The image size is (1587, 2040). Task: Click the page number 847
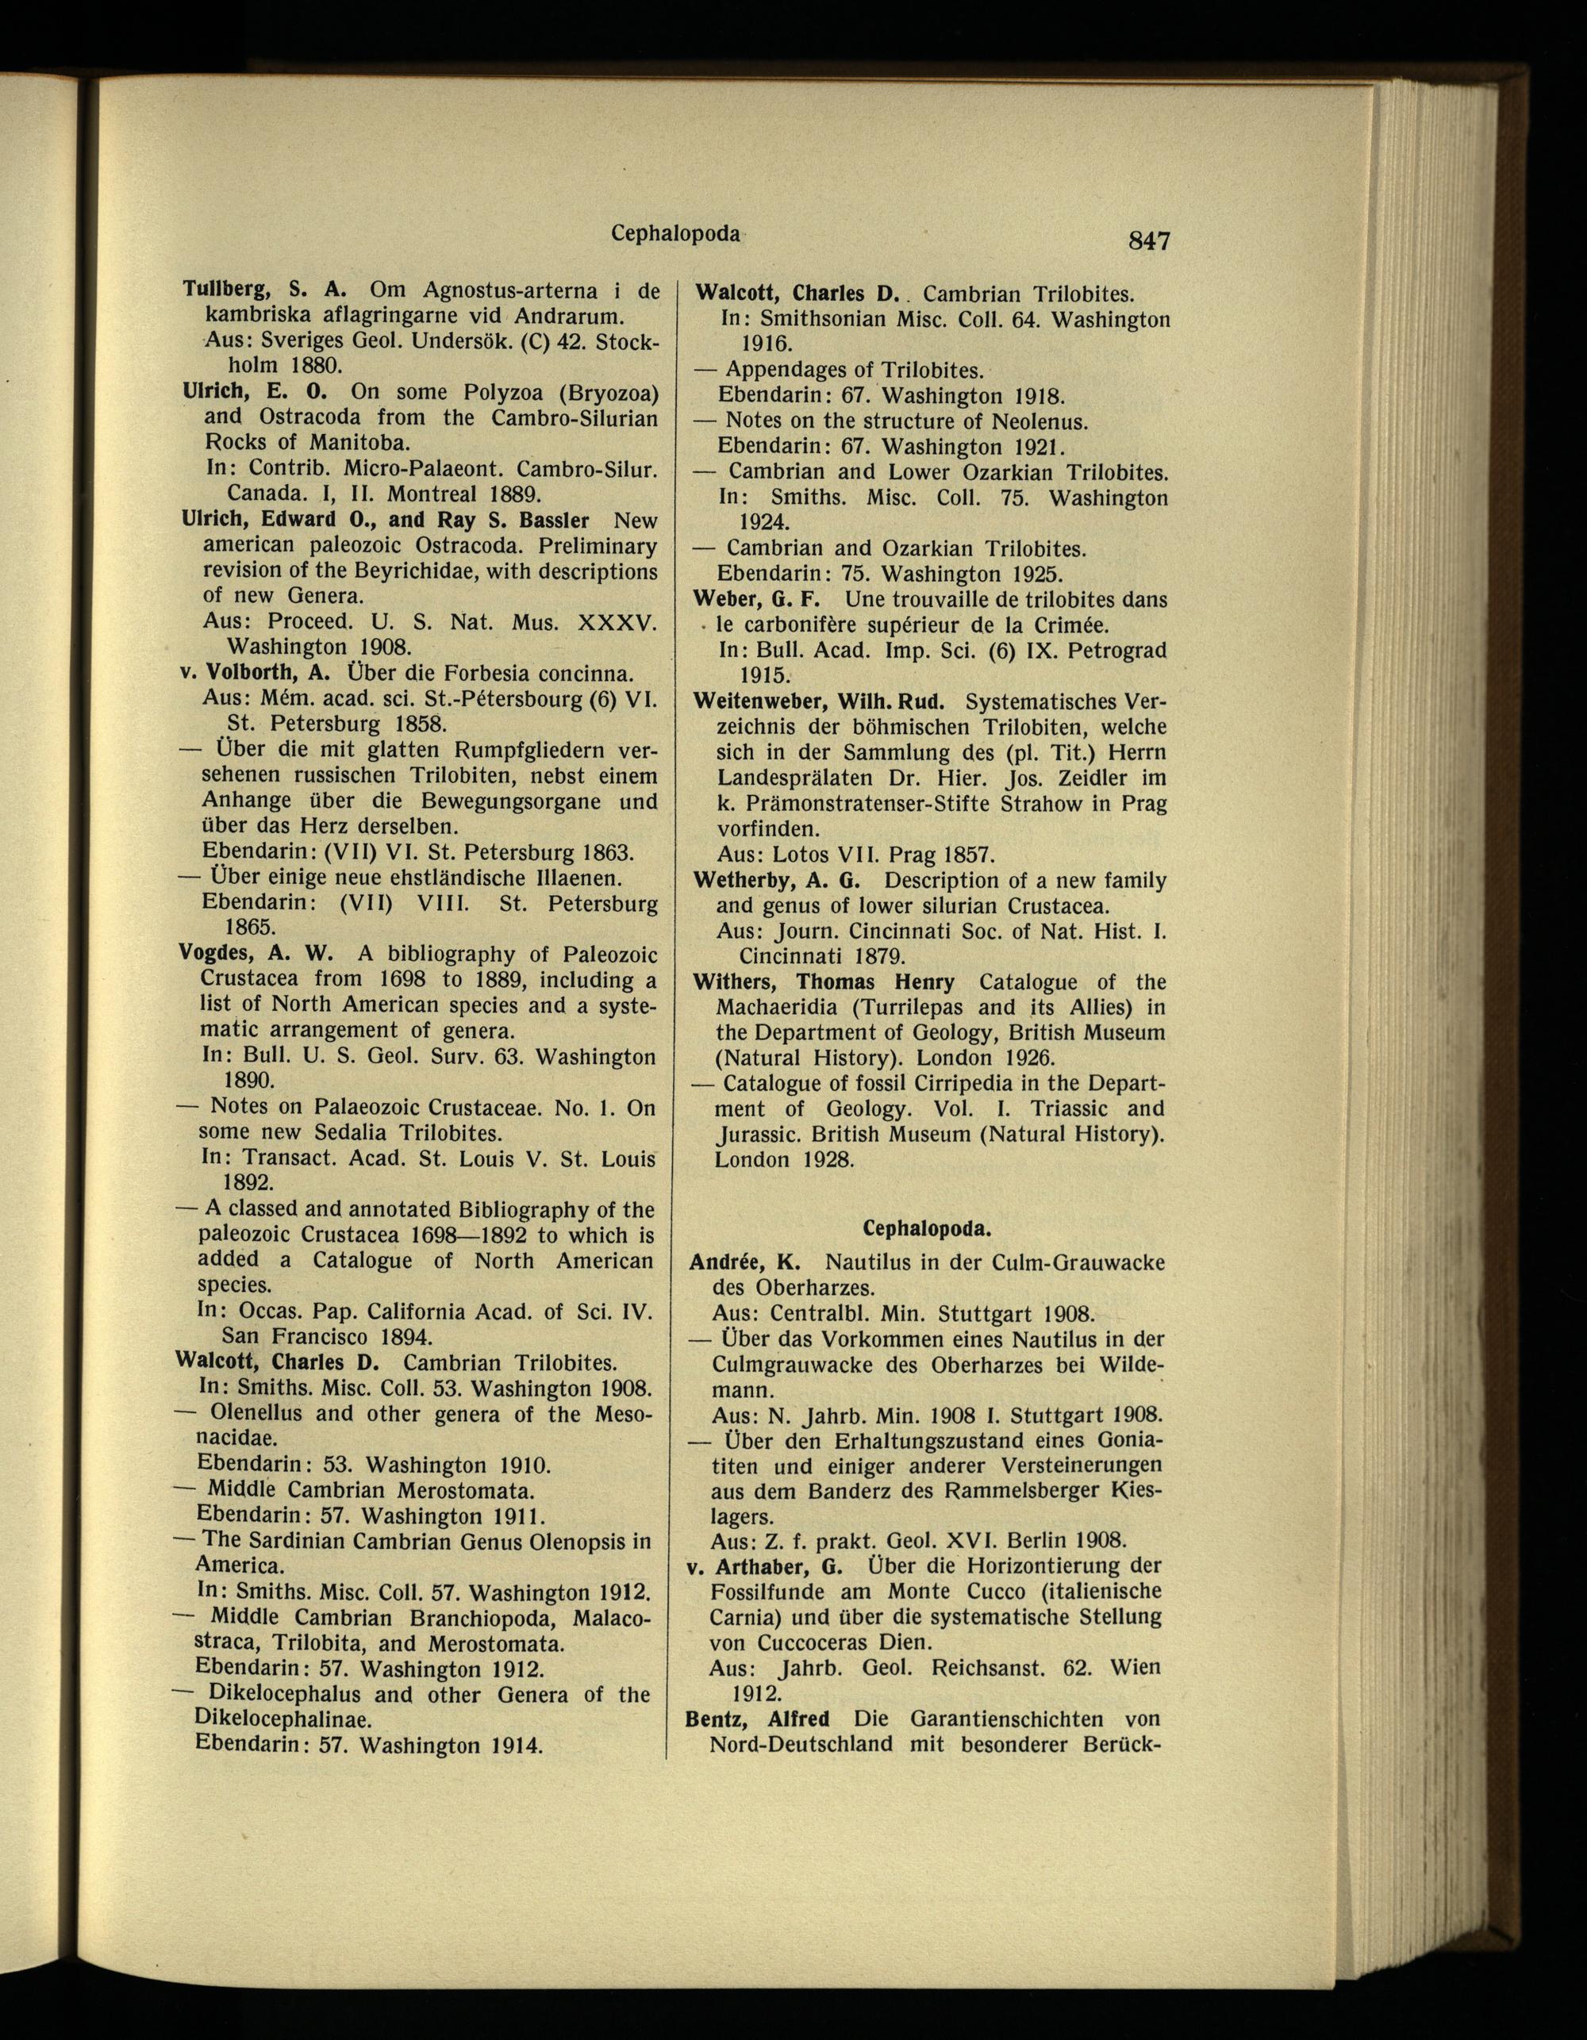pyautogui.click(x=1148, y=241)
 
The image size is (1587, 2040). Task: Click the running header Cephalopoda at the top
pyautogui.click(x=676, y=233)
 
